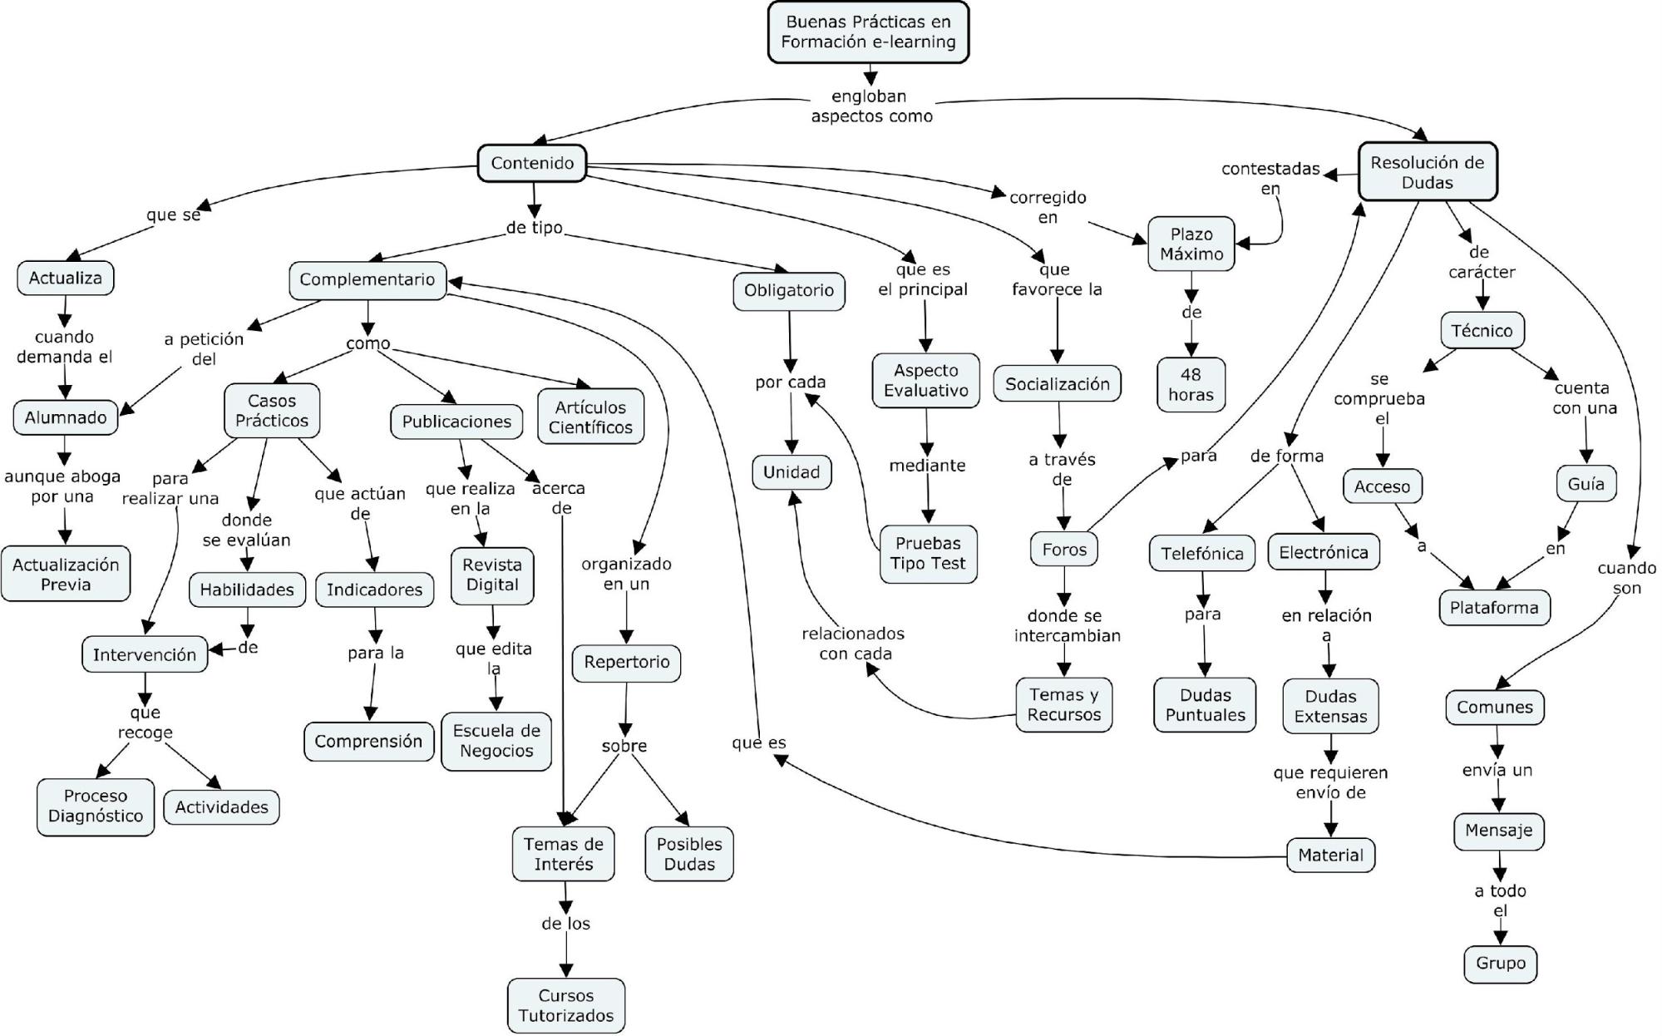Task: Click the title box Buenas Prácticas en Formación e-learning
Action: pos(868,32)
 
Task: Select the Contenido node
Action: pos(532,163)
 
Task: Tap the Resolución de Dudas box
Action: pos(1427,172)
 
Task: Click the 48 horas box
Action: pos(1191,384)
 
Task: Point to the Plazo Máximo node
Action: pos(1191,244)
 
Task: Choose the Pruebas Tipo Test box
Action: pos(927,553)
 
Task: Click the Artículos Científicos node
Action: pos(590,417)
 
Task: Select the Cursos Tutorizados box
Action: pos(565,1005)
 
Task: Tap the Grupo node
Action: pos(1500,963)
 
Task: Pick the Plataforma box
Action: pos(1493,607)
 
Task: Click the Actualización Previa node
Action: pos(66,574)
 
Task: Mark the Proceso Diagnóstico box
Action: pos(96,806)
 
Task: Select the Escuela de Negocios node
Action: pos(496,740)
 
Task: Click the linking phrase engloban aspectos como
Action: pos(870,106)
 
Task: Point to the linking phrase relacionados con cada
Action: pos(854,644)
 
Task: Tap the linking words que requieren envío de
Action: pos(1330,782)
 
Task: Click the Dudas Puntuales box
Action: pos(1205,704)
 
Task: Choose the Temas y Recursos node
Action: pos(1063,704)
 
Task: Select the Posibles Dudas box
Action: pos(688,853)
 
